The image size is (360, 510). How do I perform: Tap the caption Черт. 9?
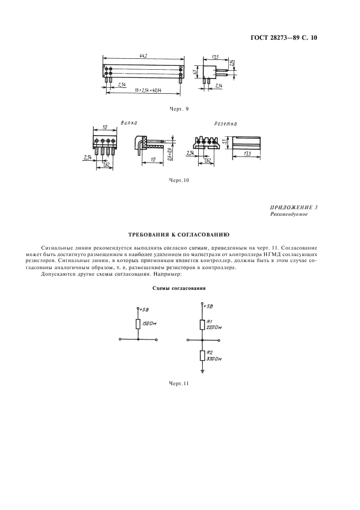tap(179, 109)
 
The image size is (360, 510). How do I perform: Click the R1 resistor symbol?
tap(203, 325)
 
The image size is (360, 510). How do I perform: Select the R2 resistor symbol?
tap(203, 356)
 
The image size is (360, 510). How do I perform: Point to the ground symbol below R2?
tap(203, 373)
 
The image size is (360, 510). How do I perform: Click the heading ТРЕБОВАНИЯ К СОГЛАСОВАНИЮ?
tap(179, 234)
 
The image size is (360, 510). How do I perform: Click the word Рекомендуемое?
tap(289, 215)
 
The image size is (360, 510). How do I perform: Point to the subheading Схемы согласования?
tap(179, 288)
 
